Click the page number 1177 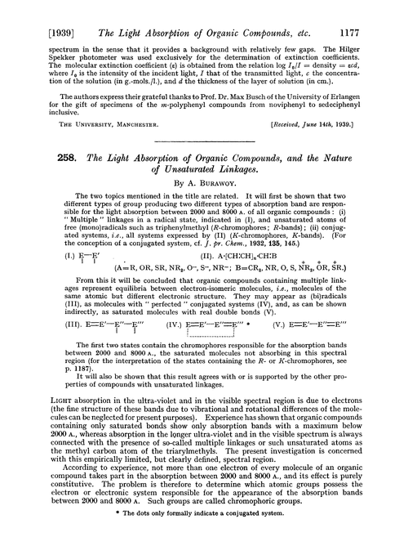pyautogui.click(x=380, y=12)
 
